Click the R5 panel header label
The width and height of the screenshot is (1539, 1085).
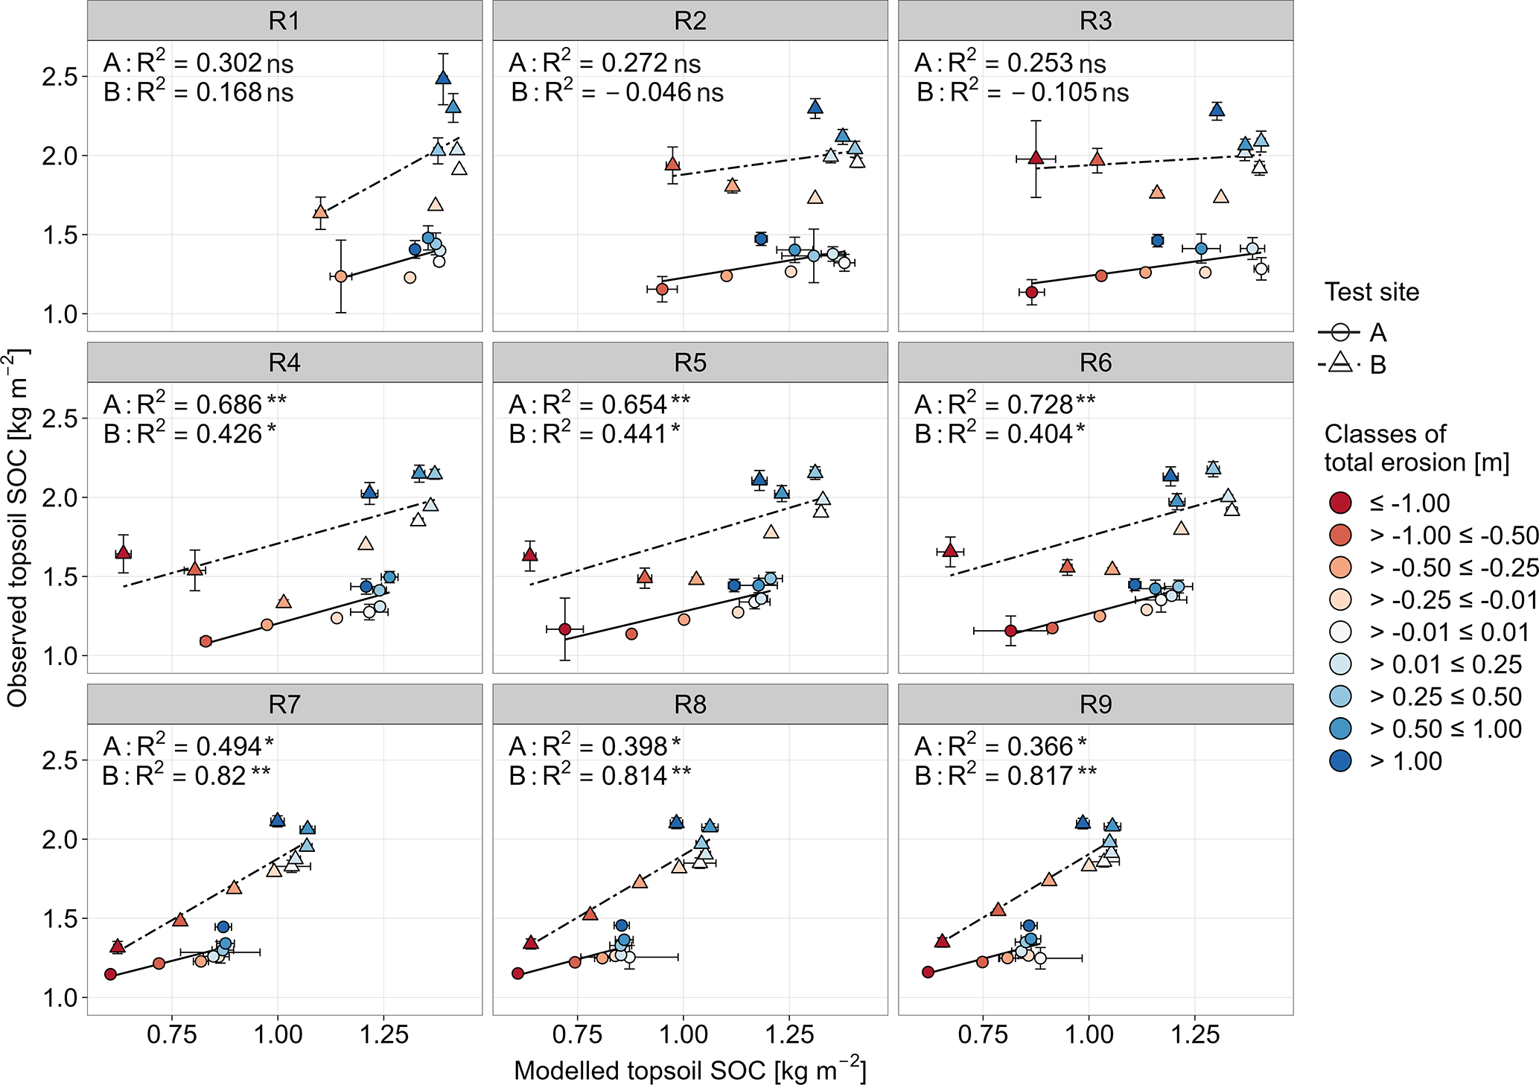tap(690, 363)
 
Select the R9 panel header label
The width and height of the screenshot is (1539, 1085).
tap(1095, 704)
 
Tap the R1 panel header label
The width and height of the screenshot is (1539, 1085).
tap(284, 21)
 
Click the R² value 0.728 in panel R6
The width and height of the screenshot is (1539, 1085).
tap(1040, 404)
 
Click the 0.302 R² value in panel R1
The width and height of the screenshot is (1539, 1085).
tap(229, 63)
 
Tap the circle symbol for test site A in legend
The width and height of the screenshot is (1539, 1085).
tap(1339, 332)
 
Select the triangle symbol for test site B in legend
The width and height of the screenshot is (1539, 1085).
tap(1339, 364)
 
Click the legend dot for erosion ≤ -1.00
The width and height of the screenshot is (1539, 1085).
tap(1340, 503)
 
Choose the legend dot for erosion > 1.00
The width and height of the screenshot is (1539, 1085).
tap(1340, 761)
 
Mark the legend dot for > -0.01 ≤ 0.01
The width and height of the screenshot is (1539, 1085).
tap(1340, 632)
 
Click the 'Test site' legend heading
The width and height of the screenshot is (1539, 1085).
tap(1371, 292)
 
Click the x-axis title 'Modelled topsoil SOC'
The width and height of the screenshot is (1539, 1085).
tap(689, 1069)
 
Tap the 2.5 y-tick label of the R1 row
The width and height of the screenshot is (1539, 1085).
tap(60, 77)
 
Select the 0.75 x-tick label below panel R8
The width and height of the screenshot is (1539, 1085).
tap(577, 1034)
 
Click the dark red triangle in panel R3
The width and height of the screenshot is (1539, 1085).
tap(1036, 157)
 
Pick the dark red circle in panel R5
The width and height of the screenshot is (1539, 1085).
tap(565, 629)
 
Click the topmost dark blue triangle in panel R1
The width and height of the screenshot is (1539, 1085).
tap(443, 77)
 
